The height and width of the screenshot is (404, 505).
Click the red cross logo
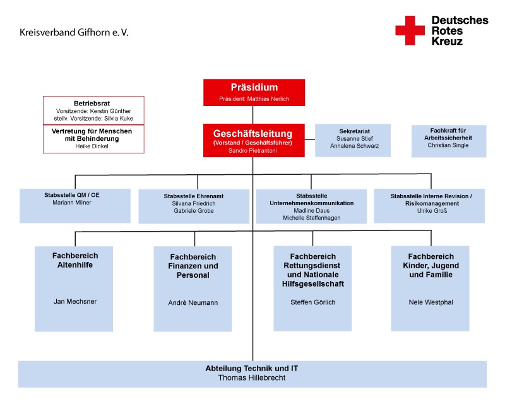pos(410,30)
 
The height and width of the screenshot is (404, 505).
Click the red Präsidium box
pos(254,92)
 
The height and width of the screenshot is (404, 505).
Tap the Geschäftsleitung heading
pos(252,134)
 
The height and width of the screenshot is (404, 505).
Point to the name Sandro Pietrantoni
pos(252,151)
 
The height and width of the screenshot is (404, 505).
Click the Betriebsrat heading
pos(92,103)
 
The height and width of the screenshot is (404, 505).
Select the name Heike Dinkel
pos(92,146)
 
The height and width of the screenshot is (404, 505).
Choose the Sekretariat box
pos(353,140)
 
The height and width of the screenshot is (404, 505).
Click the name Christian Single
pos(449,145)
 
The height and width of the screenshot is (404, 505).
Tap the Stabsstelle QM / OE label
pos(72,195)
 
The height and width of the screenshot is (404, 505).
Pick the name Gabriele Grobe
pos(194,211)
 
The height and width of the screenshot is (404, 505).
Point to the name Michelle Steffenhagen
pos(311,218)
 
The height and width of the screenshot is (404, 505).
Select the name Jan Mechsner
pos(75,301)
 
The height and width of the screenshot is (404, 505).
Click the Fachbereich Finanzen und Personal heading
pos(193,266)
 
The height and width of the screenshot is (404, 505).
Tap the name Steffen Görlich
pos(312,302)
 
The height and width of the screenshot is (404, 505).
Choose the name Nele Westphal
pos(431,302)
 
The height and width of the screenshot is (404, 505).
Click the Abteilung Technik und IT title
pos(252,368)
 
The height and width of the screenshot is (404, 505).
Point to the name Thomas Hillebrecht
pos(252,377)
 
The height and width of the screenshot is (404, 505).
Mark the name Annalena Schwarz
pos(352,146)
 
